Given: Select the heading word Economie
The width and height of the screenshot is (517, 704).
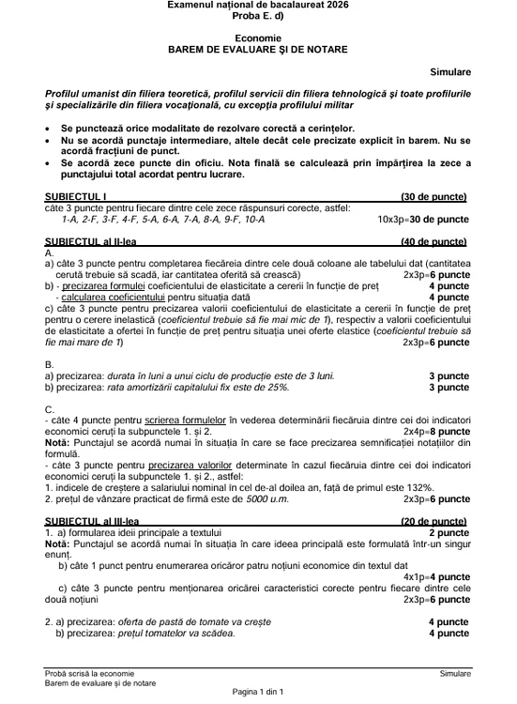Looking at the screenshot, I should click(258, 36).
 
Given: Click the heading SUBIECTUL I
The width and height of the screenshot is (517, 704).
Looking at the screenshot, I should click(76, 196).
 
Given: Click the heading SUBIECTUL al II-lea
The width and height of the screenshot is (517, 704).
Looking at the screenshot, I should click(95, 241).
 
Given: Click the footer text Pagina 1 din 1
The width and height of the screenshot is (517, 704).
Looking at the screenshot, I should click(258, 692).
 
